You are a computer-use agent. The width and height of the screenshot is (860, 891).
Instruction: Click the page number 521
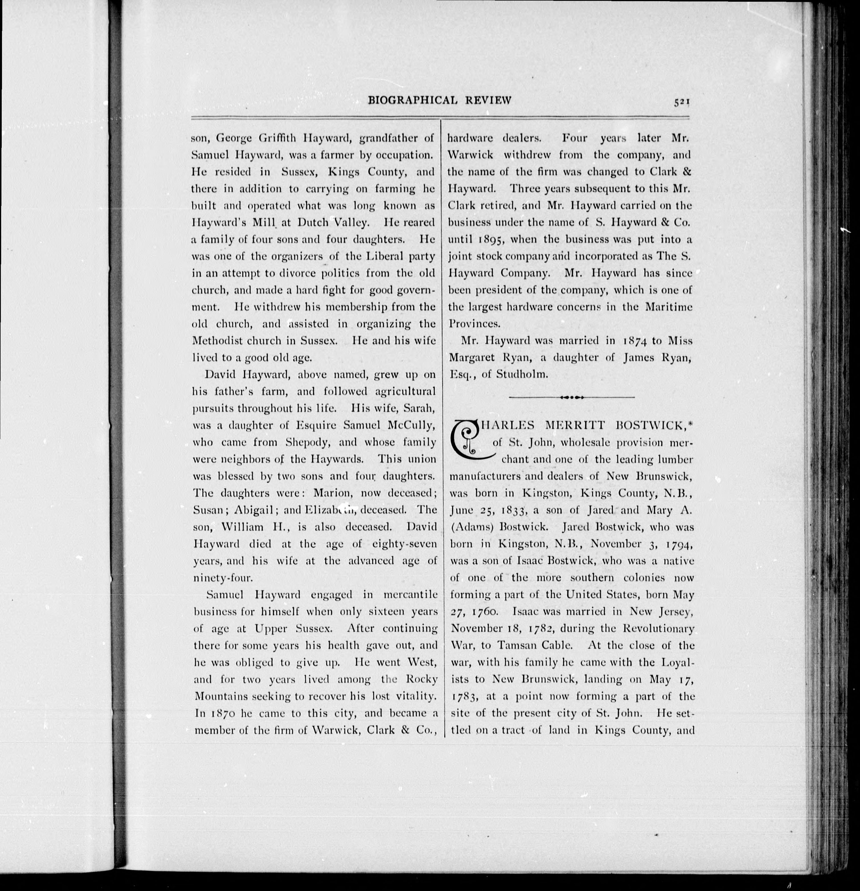click(682, 103)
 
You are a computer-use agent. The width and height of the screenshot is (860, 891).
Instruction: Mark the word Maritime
click(669, 307)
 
